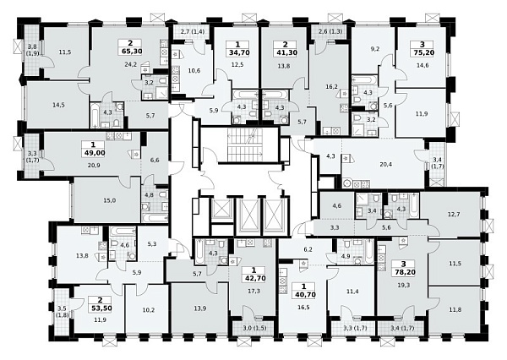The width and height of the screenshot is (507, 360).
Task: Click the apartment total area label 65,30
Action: tap(130, 51)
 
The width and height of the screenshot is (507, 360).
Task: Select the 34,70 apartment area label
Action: tap(239, 52)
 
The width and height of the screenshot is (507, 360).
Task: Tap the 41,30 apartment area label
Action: tap(285, 52)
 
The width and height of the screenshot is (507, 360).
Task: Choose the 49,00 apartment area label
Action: tap(94, 153)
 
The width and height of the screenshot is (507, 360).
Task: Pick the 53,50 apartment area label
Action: tap(101, 308)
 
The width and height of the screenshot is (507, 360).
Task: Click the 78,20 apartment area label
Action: tap(403, 272)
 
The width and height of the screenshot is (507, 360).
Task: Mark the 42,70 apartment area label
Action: tap(253, 278)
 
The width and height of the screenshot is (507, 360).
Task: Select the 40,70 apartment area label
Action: tap(303, 295)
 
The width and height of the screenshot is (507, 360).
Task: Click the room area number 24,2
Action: tap(131, 64)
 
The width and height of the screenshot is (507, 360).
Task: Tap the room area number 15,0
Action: tap(110, 200)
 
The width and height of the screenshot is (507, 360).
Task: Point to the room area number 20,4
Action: tap(386, 164)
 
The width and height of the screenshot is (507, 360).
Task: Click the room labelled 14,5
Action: tap(58, 105)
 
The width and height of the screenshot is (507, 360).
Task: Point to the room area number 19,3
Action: tap(403, 286)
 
